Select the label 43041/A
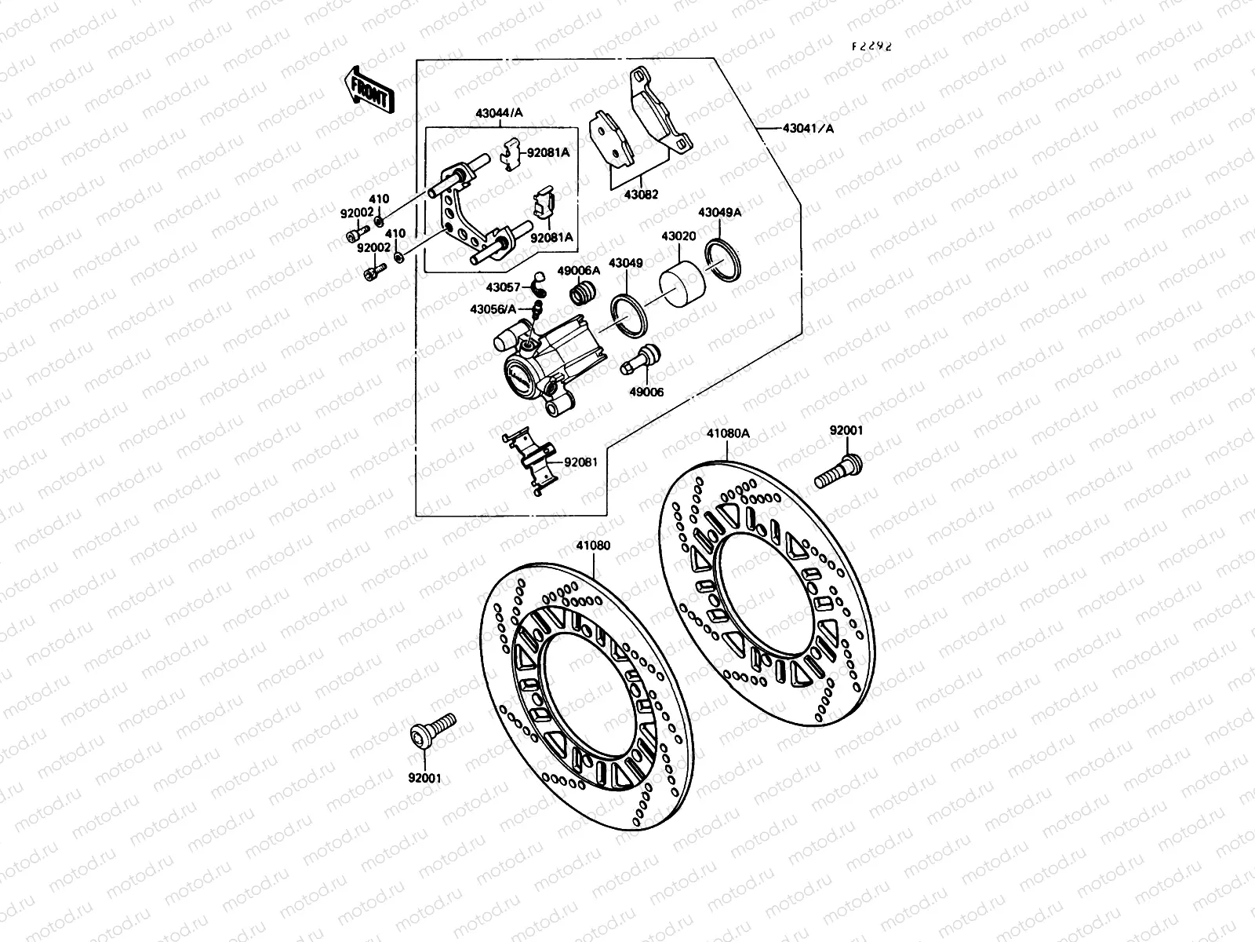tap(809, 128)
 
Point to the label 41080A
tap(728, 433)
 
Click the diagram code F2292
tap(872, 46)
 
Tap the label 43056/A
tap(493, 309)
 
